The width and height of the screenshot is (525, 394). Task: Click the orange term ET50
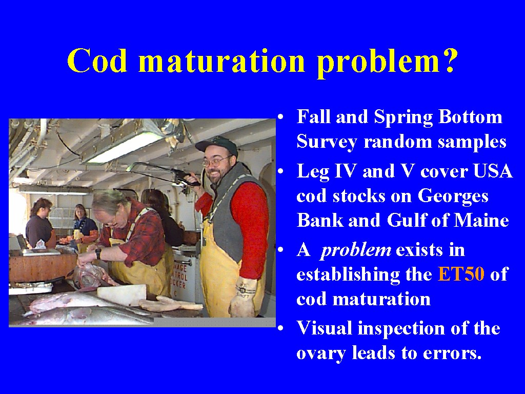[461, 274]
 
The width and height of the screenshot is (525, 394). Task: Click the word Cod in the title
[97, 61]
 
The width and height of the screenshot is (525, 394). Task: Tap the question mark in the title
[447, 61]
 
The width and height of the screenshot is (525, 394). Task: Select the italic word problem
[355, 250]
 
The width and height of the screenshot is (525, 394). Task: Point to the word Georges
[453, 196]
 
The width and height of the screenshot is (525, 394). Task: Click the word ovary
[321, 353]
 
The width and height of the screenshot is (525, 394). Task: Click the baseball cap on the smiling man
[216, 146]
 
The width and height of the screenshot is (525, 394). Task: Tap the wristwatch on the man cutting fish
[98, 253]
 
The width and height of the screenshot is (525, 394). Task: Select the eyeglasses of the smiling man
[216, 162]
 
